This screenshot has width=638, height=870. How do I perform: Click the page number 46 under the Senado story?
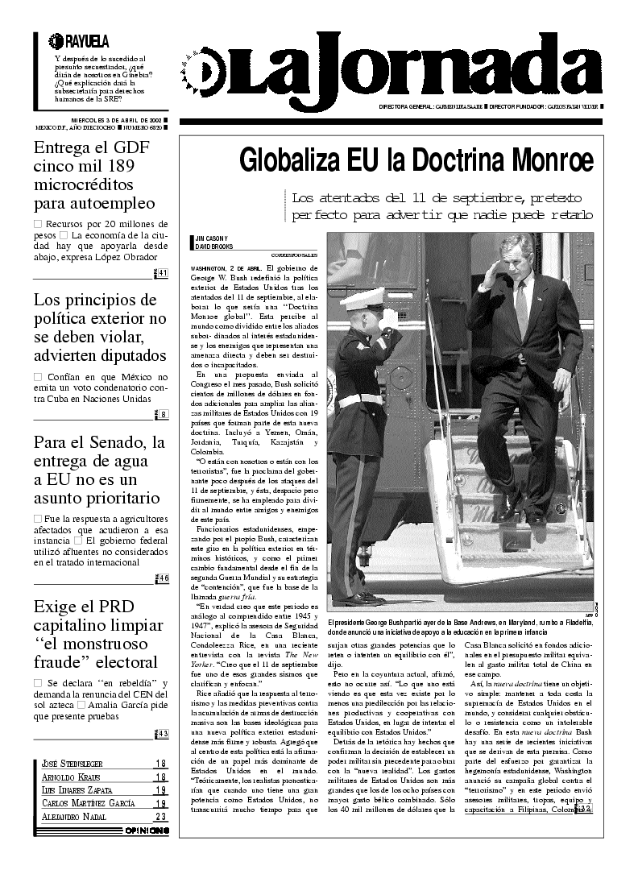click(x=162, y=578)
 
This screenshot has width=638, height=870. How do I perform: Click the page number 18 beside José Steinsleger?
click(x=160, y=764)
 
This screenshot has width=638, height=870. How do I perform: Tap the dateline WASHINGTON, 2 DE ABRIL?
click(x=226, y=267)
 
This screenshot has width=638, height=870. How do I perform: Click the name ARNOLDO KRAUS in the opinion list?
click(x=64, y=777)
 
